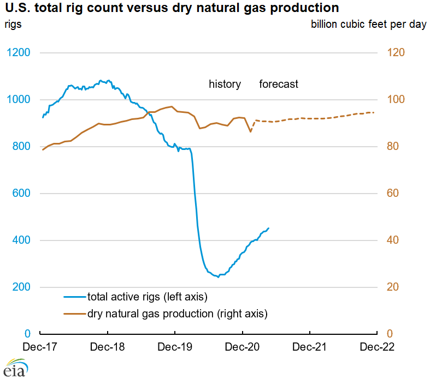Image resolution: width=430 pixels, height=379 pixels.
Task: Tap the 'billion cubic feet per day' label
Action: (368, 25)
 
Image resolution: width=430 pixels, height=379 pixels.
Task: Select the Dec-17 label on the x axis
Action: (40, 347)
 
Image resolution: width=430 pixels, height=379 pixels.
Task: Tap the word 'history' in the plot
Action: (225, 84)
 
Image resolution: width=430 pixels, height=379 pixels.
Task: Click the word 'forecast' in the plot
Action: (279, 84)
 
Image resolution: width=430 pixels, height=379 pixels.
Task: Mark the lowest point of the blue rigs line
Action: (218, 277)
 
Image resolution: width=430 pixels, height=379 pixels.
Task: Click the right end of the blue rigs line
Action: (268, 228)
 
